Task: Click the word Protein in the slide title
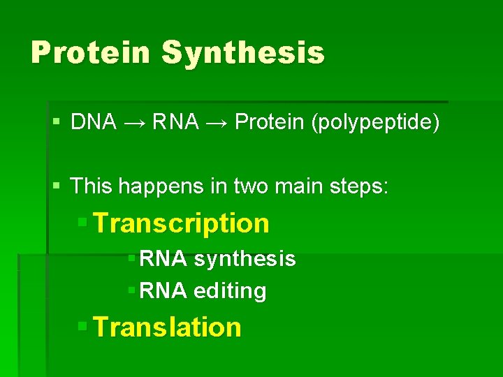point(89,53)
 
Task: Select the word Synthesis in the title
point(243,53)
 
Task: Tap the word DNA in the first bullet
point(94,123)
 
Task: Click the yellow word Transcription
point(181,223)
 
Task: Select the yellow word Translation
point(167,327)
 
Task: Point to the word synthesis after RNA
point(245,260)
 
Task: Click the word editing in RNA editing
point(230,291)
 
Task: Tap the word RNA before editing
point(163,291)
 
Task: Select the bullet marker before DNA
point(57,123)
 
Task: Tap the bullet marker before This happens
point(57,186)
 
